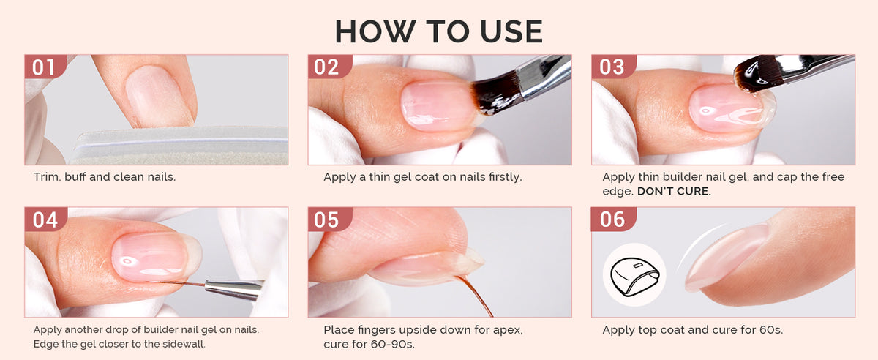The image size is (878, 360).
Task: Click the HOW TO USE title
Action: click(439, 31)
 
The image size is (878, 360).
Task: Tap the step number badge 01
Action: click(45, 67)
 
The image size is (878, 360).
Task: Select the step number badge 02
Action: click(329, 67)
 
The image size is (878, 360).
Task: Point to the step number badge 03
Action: click(612, 67)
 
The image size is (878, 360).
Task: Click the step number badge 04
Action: click(45, 220)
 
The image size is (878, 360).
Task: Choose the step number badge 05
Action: click(329, 220)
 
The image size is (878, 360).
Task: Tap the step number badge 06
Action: click(612, 220)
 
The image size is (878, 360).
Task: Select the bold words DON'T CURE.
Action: click(674, 192)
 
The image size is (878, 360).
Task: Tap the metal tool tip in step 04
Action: click(234, 290)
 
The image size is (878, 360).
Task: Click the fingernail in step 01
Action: click(159, 96)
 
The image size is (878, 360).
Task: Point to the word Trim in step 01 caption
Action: click(46, 177)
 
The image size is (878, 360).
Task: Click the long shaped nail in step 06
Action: click(725, 257)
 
